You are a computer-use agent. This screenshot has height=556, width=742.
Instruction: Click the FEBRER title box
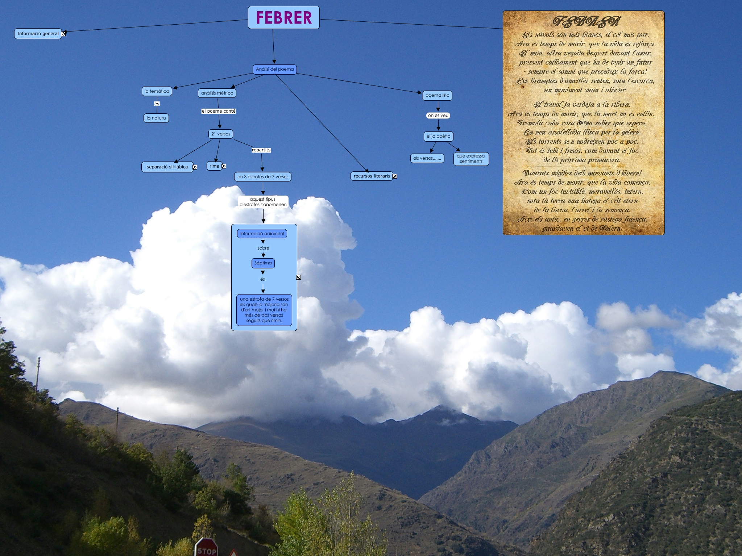pos(283,17)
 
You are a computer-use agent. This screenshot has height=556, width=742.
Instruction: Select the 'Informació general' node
pos(38,34)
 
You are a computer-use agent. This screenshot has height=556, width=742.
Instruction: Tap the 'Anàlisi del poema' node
pos(274,69)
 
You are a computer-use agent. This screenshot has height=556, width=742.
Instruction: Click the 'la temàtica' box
pos(157,91)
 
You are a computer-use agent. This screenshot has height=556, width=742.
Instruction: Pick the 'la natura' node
pos(156,118)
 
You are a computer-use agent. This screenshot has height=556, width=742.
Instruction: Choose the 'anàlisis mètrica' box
pos(217,93)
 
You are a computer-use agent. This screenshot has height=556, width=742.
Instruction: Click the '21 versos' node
pos(220,134)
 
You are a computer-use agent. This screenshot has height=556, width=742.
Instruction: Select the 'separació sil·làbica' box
pos(167,167)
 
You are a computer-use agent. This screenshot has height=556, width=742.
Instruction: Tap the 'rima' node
pos(214,166)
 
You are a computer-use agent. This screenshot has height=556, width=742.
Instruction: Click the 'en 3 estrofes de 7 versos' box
pos(263,177)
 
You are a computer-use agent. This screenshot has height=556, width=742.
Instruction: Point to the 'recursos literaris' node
pos(372,176)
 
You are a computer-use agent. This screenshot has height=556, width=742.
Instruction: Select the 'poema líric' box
pos(437,96)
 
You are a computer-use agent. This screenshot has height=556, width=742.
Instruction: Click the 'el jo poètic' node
pos(438,137)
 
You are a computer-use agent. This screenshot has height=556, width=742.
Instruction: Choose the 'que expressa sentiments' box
pos(471,159)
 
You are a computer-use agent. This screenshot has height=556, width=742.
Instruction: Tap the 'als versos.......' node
pos(427,158)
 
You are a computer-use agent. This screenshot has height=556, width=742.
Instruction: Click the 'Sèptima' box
pos(263,263)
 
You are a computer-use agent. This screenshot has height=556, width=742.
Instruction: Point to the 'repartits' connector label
pos(261,150)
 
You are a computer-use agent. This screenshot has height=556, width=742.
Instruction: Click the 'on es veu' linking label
pos(438,116)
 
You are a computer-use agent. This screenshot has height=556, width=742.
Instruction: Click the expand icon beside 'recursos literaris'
pos(394,176)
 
